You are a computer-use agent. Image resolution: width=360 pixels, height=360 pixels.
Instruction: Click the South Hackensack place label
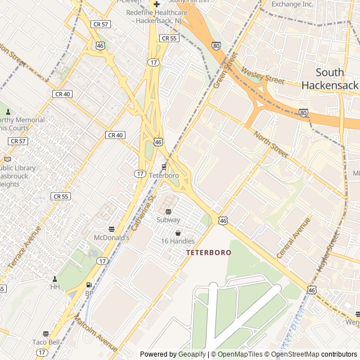(x=330, y=79)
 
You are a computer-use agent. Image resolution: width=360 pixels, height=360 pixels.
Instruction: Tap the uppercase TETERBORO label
(x=209, y=253)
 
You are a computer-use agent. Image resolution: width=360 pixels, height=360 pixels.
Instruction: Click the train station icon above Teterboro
(x=164, y=166)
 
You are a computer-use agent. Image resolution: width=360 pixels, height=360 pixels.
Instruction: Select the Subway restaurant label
(x=168, y=220)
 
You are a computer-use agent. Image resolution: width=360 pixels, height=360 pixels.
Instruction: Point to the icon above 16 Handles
(x=178, y=233)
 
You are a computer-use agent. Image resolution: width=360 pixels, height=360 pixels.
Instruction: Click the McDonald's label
(x=111, y=238)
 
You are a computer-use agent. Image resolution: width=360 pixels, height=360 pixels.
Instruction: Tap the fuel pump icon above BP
(x=89, y=285)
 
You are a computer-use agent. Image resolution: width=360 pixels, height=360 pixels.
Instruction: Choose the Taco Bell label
(x=46, y=342)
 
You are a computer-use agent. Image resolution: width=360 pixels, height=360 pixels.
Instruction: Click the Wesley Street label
(x=263, y=76)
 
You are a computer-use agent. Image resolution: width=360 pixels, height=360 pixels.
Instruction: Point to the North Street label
(x=271, y=144)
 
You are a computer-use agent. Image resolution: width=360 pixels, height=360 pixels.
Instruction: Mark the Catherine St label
(x=143, y=214)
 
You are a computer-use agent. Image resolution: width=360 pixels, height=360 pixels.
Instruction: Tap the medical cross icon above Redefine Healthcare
(x=157, y=4)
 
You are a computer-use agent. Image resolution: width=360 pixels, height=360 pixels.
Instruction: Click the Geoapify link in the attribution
(x=192, y=354)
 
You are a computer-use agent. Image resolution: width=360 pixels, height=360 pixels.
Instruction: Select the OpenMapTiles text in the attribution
(x=241, y=354)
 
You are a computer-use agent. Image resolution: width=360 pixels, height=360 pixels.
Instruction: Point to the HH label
(x=55, y=287)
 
